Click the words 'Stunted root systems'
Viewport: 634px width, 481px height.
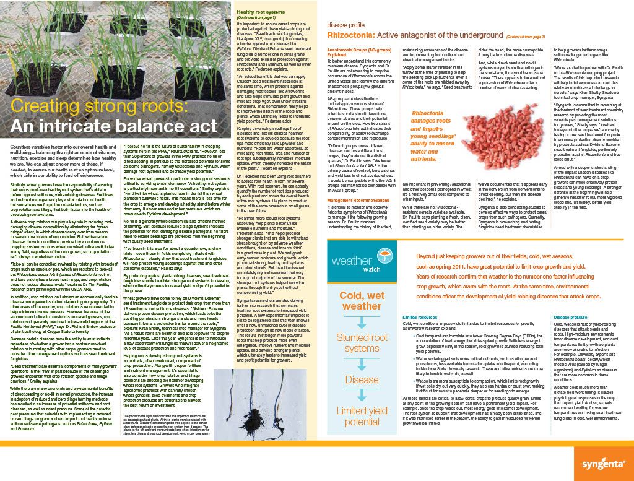362,343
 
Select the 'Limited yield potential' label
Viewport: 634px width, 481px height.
362,416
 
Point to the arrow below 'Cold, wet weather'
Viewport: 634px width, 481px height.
362,323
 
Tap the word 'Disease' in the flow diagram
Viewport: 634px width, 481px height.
362,379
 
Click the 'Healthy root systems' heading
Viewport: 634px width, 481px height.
262,12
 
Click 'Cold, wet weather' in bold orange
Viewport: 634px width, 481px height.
362,300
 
